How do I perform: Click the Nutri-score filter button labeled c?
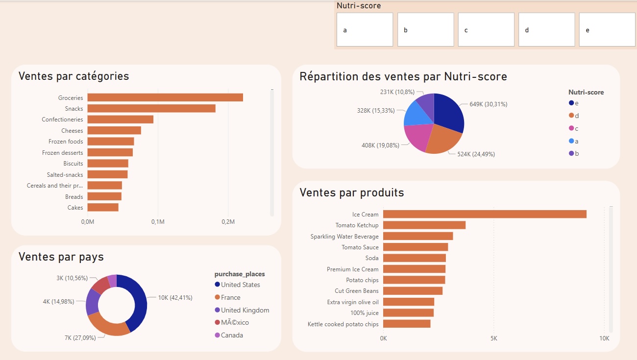[486, 30]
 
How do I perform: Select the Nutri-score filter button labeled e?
[607, 30]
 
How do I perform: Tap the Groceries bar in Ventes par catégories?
[165, 97]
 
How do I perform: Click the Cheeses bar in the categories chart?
[114, 130]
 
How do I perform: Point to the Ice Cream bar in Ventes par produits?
[484, 214]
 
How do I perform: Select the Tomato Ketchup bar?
[424, 225]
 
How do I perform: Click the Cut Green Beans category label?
[356, 291]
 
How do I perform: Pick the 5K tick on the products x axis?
[493, 338]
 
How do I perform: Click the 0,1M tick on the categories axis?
[158, 222]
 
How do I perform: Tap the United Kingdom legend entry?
[245, 310]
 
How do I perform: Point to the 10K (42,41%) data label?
[175, 297]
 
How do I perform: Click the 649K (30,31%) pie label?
[488, 104]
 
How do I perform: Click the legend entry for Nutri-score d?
[576, 116]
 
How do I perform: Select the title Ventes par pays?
[61, 257]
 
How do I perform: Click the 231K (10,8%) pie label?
[397, 92]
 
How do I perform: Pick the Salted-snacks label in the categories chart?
[65, 174]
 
